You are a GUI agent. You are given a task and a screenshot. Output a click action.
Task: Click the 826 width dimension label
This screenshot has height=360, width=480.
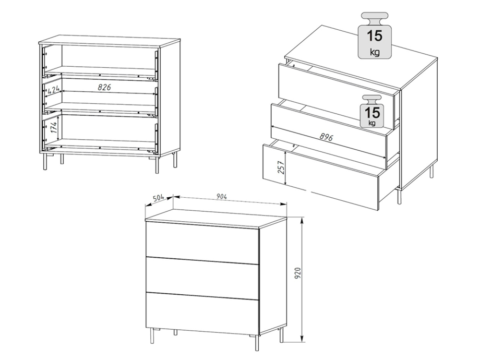(104, 87)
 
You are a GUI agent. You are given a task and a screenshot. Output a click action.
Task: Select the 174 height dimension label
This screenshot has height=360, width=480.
(54, 127)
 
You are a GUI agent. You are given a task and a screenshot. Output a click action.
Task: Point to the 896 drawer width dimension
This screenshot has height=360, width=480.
(326, 136)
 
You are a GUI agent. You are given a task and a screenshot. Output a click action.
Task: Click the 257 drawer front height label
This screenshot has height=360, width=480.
(281, 167)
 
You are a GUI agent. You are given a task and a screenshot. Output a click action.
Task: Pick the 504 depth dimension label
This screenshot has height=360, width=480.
(158, 198)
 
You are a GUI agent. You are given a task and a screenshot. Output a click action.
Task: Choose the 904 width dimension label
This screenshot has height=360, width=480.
(221, 196)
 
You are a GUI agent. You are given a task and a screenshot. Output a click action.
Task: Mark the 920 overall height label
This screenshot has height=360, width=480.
(298, 273)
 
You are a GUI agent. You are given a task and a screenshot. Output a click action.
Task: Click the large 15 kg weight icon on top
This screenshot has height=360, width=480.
(375, 36)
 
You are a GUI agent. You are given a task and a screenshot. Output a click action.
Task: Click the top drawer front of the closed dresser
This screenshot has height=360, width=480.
(203, 243)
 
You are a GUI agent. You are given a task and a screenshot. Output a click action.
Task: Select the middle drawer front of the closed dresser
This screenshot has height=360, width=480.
(203, 278)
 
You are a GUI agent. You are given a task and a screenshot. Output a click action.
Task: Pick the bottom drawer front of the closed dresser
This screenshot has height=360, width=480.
(203, 314)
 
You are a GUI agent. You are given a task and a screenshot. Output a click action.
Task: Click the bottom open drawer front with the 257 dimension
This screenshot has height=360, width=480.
(321, 177)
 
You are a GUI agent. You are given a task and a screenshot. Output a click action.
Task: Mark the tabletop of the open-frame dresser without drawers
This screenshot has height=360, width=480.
(109, 41)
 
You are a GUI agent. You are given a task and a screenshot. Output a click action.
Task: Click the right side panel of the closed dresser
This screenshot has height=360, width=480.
(273, 277)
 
